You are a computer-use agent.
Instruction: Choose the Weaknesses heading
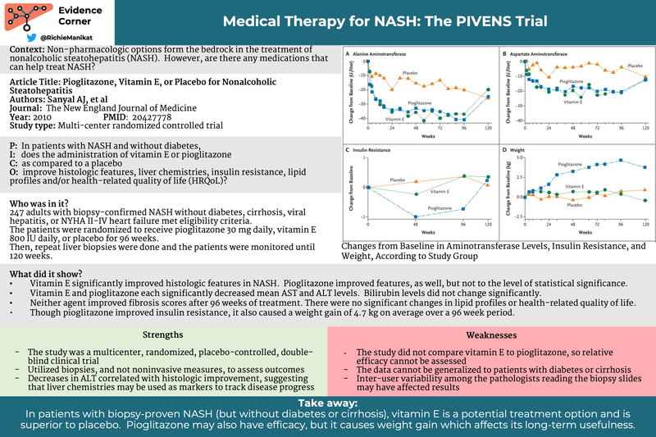[x=490, y=335]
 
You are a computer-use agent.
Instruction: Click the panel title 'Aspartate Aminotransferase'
[x=542, y=53]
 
